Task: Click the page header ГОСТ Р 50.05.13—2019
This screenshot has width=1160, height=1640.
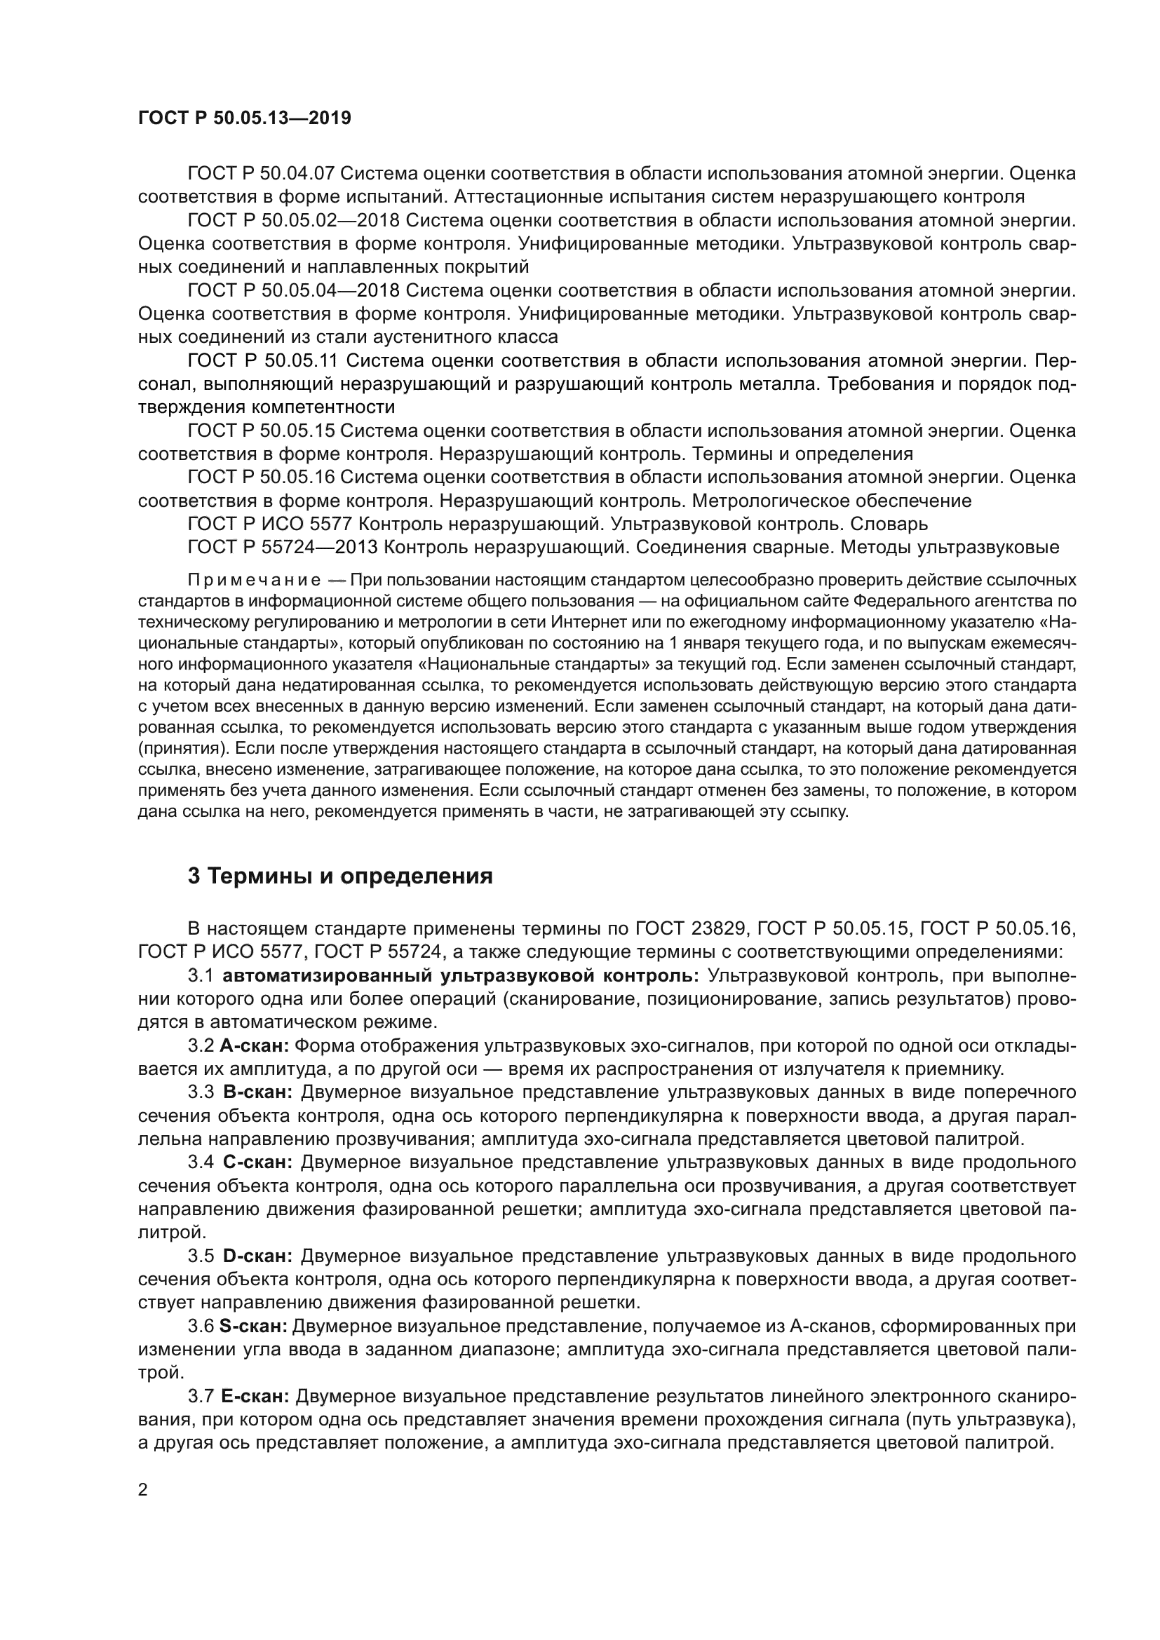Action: (x=244, y=118)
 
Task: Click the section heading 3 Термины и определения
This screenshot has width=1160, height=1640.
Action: (x=340, y=876)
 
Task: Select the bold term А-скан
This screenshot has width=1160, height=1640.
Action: (x=255, y=1046)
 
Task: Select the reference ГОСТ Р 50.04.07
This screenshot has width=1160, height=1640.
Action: (x=262, y=174)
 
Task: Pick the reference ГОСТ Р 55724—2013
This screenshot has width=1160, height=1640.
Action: (x=285, y=548)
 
